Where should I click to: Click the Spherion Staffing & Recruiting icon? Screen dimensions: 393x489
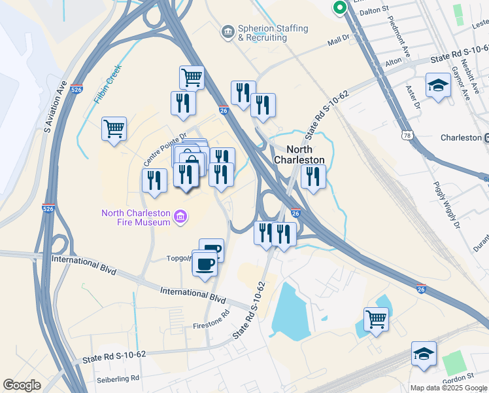point(228,31)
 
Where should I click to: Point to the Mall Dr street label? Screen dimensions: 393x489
point(339,42)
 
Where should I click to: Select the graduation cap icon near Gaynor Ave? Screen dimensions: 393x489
point(437,85)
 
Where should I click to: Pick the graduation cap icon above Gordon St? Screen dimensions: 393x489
point(424,354)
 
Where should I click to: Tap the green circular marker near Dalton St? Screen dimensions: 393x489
point(339,7)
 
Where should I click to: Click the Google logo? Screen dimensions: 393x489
point(22,385)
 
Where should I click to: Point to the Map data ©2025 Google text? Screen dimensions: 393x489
point(449,388)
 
